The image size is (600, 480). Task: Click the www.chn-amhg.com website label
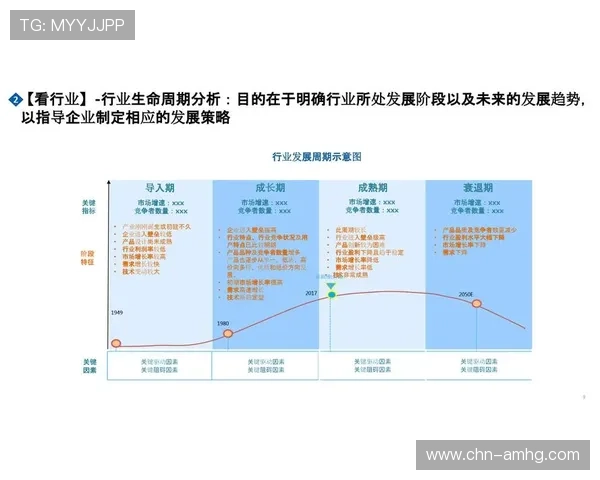pos(502,455)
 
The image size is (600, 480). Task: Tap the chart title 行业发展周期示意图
pos(316,158)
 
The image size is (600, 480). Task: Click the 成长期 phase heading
pos(265,188)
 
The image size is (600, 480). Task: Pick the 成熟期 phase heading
pos(372,188)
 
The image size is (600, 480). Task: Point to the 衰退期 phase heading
pos(477,188)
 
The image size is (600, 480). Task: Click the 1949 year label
pos(116,313)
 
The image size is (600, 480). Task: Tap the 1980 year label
pos(223,322)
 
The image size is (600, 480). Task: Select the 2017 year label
pos(311,294)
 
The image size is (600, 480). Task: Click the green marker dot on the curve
pos(332,295)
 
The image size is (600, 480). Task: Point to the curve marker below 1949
pos(116,344)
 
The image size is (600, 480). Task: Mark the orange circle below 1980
pos(227,333)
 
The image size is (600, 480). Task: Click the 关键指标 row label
pos(90,206)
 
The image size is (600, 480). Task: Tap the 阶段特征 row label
pos(90,257)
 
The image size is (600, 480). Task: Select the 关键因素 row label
pos(90,365)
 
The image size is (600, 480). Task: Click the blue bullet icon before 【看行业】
pos(14,99)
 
